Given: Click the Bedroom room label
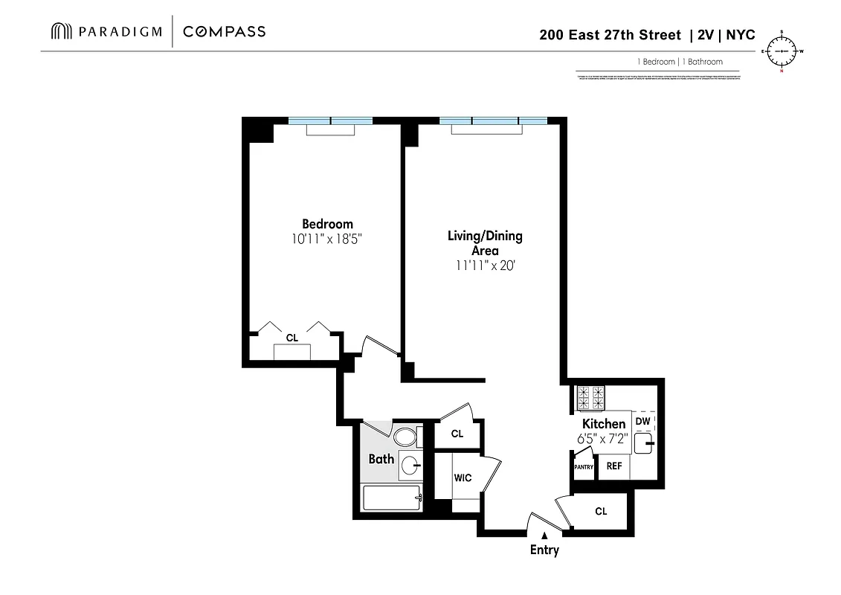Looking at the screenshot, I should click(x=327, y=224).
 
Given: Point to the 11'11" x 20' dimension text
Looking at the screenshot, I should click(x=484, y=265).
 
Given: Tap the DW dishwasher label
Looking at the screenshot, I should click(x=643, y=421).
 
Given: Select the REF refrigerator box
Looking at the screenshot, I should click(x=614, y=466).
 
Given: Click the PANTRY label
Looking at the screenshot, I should click(x=584, y=467).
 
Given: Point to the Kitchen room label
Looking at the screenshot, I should click(x=604, y=424).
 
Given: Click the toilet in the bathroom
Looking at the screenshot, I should click(x=406, y=437).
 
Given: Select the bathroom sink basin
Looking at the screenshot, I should click(x=409, y=466).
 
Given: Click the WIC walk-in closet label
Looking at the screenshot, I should click(x=463, y=478).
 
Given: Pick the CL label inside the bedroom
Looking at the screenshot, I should click(x=292, y=338).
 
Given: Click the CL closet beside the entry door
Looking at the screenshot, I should click(x=601, y=511).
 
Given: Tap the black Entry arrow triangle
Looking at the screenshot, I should click(x=544, y=535).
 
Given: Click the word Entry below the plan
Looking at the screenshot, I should click(x=544, y=550).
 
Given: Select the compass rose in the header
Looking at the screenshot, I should click(x=782, y=51).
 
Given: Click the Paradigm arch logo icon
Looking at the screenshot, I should click(x=61, y=31).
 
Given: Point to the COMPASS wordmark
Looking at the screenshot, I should click(x=224, y=31).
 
